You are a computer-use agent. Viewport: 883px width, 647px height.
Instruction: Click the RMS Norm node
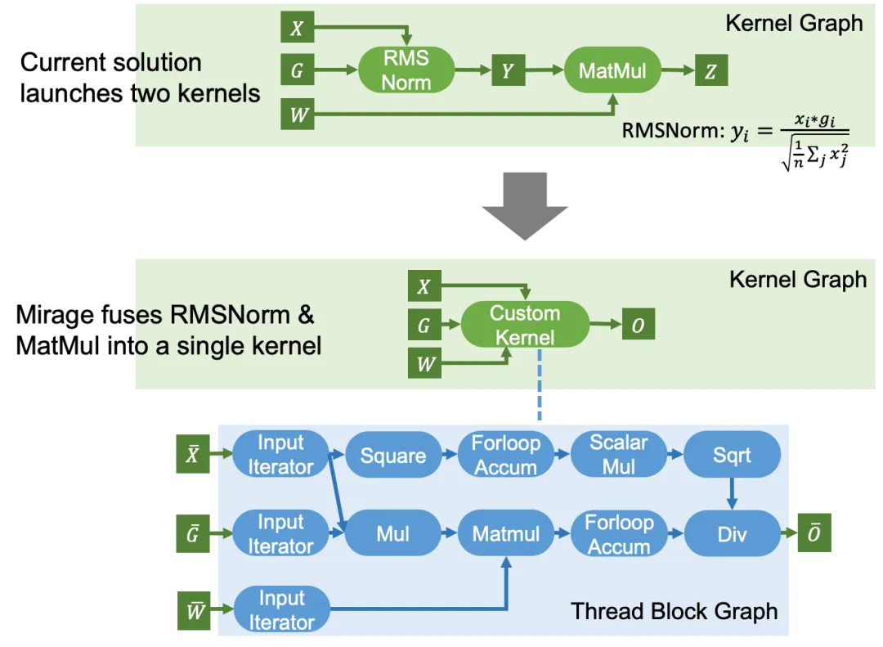pyautogui.click(x=406, y=70)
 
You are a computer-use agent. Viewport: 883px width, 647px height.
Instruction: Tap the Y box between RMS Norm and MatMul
pyautogui.click(x=507, y=71)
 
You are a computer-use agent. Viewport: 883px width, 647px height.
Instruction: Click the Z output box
pyautogui.click(x=710, y=71)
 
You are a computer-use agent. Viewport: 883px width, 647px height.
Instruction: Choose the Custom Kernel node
pyautogui.click(x=525, y=325)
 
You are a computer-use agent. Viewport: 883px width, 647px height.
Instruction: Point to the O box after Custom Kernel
pyautogui.click(x=638, y=326)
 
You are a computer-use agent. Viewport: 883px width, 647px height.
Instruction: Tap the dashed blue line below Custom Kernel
pyautogui.click(x=540, y=385)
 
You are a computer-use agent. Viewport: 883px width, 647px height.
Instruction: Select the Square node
pyautogui.click(x=392, y=456)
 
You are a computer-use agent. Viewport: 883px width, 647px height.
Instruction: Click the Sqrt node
pyautogui.click(x=732, y=456)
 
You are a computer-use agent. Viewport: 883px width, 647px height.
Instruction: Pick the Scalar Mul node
pyautogui.click(x=619, y=455)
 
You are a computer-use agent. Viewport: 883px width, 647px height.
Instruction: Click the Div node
pyautogui.click(x=732, y=534)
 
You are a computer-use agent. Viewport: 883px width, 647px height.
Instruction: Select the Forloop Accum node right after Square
pyautogui.click(x=506, y=456)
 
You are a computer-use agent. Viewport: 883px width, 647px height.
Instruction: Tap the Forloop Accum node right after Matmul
pyautogui.click(x=619, y=534)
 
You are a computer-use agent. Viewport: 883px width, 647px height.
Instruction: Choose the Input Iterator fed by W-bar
pyautogui.click(x=281, y=610)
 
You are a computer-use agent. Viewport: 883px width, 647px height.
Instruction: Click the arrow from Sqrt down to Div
pyautogui.click(x=732, y=493)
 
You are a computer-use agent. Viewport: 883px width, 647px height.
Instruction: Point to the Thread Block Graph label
pyautogui.click(x=675, y=611)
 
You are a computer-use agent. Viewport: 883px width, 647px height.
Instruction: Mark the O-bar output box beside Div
pyautogui.click(x=814, y=534)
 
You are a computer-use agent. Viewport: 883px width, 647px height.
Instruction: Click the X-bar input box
pyautogui.click(x=193, y=455)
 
